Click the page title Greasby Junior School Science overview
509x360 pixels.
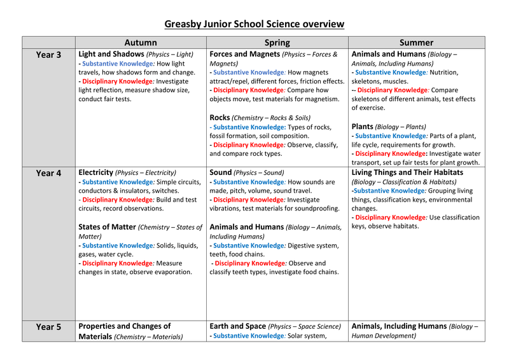point(254,24)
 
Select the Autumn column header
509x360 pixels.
point(141,43)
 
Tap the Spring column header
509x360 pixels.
point(277,43)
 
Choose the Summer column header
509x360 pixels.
point(417,43)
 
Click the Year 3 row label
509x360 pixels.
point(48,55)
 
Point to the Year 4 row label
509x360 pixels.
point(48,173)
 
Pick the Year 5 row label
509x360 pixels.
point(48,327)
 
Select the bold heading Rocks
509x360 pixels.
point(220,117)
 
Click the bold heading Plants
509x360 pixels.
point(362,127)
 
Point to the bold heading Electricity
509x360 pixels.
point(95,172)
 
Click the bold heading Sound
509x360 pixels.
point(220,172)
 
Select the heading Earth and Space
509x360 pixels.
point(237,326)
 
